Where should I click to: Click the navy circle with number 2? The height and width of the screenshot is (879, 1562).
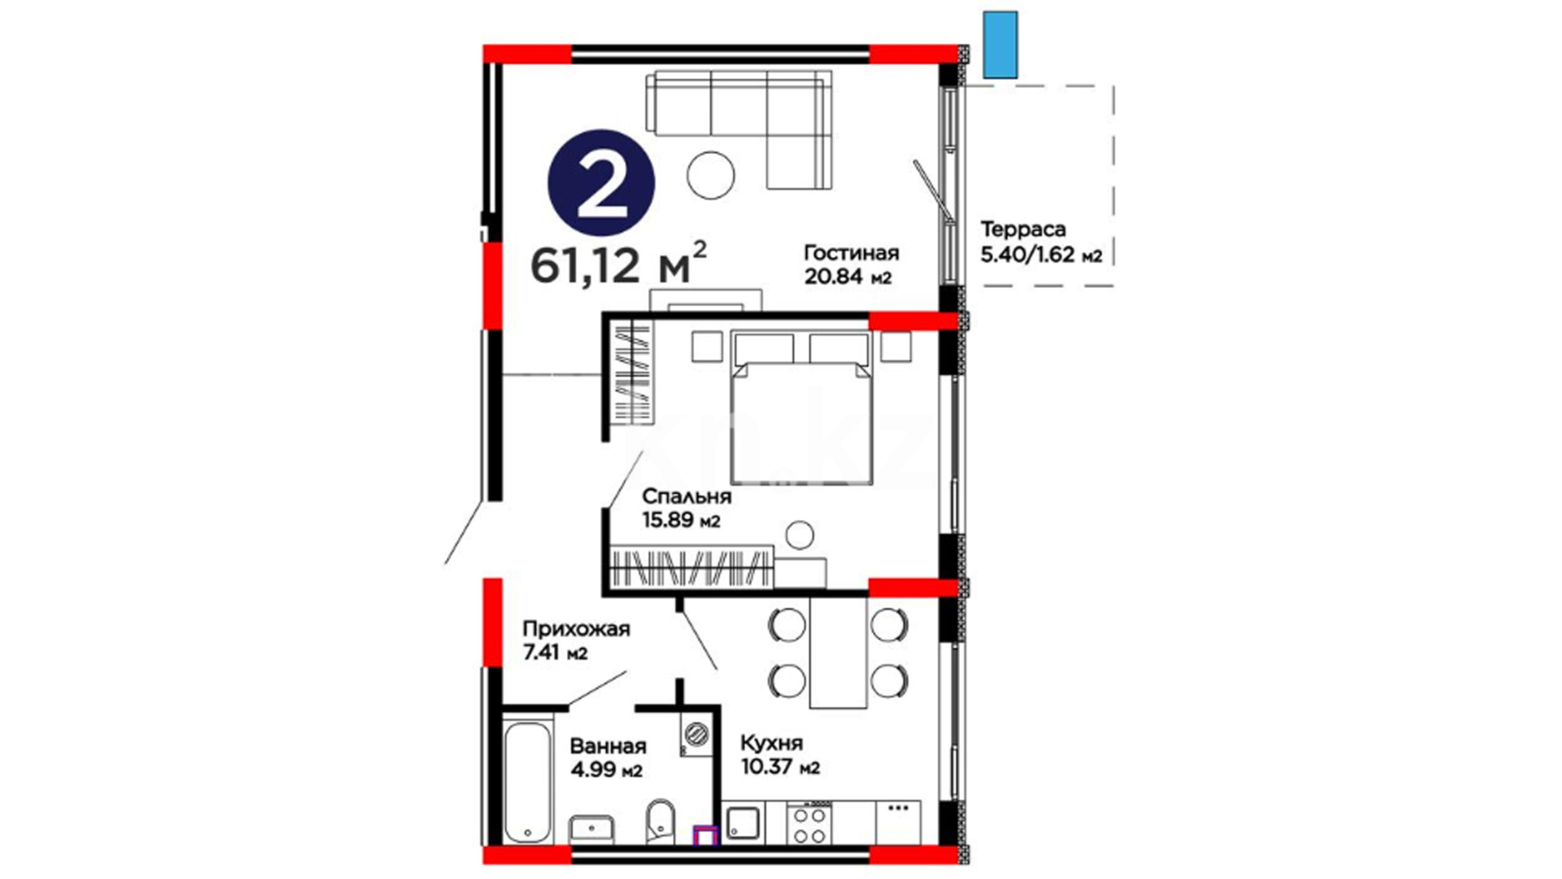(601, 182)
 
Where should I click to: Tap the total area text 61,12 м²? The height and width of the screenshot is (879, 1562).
(618, 263)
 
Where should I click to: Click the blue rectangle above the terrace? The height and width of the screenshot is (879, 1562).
(1000, 45)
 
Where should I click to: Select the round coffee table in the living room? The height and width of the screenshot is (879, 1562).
(710, 174)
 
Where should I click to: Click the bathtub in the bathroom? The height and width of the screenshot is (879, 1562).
(528, 780)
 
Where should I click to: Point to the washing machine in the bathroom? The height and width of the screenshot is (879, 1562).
(696, 734)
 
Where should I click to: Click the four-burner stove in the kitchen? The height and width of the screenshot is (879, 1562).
(809, 824)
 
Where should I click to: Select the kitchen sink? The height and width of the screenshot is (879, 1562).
(743, 824)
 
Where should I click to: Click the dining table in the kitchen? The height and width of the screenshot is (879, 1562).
(838, 653)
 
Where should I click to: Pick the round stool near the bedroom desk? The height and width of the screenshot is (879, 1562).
(800, 535)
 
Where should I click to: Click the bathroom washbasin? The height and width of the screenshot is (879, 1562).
(591, 830)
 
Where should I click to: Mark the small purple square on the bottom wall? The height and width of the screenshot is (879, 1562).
(705, 836)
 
